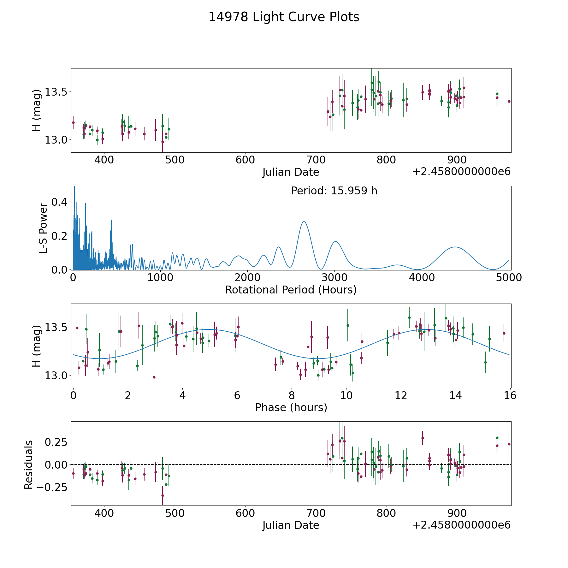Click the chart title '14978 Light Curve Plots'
tap(284, 17)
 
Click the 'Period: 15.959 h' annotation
tap(334, 191)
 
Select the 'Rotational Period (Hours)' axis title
tap(291, 290)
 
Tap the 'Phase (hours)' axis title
tap(291, 407)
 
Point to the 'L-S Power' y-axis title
tap(43, 228)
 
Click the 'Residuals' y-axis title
tap(29, 465)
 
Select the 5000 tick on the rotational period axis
tap(509, 278)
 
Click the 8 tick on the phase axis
tap(291, 396)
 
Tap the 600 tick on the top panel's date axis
tap(245, 160)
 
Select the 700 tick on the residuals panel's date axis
tap(316, 513)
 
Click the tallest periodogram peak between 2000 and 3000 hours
tap(304, 222)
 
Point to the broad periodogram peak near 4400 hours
tap(455, 247)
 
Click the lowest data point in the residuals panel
tap(163, 495)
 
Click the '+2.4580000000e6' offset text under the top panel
tap(461, 172)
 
